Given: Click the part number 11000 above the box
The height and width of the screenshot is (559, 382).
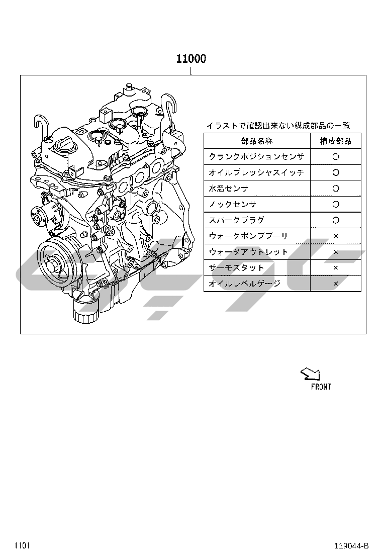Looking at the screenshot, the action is (x=191, y=58).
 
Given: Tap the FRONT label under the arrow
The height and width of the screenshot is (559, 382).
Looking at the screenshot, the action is (x=321, y=387).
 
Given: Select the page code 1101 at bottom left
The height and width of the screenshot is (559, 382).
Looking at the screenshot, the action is (x=22, y=546).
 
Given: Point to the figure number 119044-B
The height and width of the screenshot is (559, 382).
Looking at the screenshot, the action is (x=351, y=546).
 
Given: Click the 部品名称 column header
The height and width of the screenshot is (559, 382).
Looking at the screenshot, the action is (x=257, y=141).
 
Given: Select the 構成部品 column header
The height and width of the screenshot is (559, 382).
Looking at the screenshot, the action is (x=335, y=141).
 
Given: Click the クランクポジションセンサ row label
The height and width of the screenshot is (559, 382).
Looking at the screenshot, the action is (x=256, y=156).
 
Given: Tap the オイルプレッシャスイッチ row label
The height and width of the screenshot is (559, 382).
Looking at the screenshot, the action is (x=256, y=172).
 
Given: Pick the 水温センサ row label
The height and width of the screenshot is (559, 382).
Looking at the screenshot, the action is (x=228, y=188).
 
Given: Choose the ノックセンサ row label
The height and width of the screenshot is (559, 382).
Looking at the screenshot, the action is (x=232, y=204).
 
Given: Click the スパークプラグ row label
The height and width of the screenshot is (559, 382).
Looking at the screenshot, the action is (x=236, y=220).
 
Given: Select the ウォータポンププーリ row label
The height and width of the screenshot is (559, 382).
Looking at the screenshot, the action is (x=248, y=236).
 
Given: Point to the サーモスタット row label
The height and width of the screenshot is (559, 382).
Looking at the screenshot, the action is (x=236, y=268).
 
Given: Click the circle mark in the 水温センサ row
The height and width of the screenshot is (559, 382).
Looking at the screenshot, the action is (x=336, y=188).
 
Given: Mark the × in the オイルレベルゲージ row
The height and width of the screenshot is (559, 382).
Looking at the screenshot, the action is (x=335, y=284).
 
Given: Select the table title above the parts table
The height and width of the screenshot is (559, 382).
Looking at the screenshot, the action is (x=278, y=126).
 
